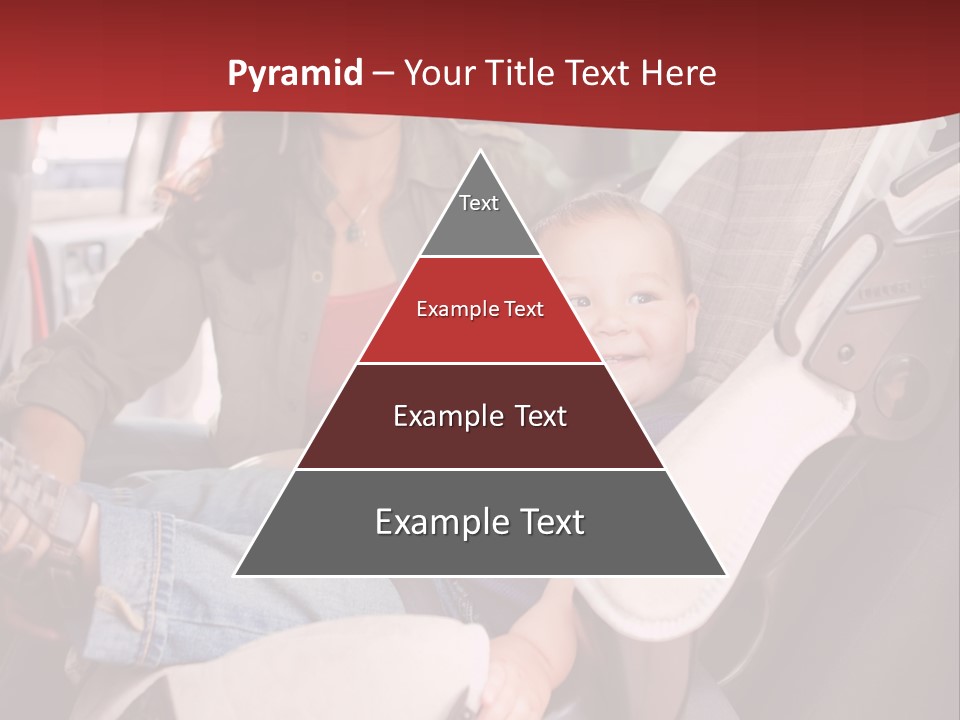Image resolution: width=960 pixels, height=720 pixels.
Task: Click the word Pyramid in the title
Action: [294, 74]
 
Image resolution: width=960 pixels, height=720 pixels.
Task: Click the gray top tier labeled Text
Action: [479, 215]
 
